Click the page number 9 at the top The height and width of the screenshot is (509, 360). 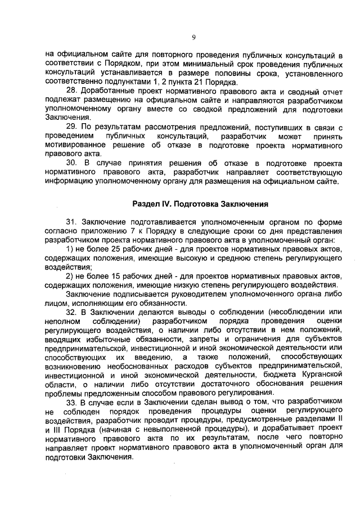(x=193, y=38)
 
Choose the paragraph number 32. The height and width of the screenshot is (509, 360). (x=71, y=312)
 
